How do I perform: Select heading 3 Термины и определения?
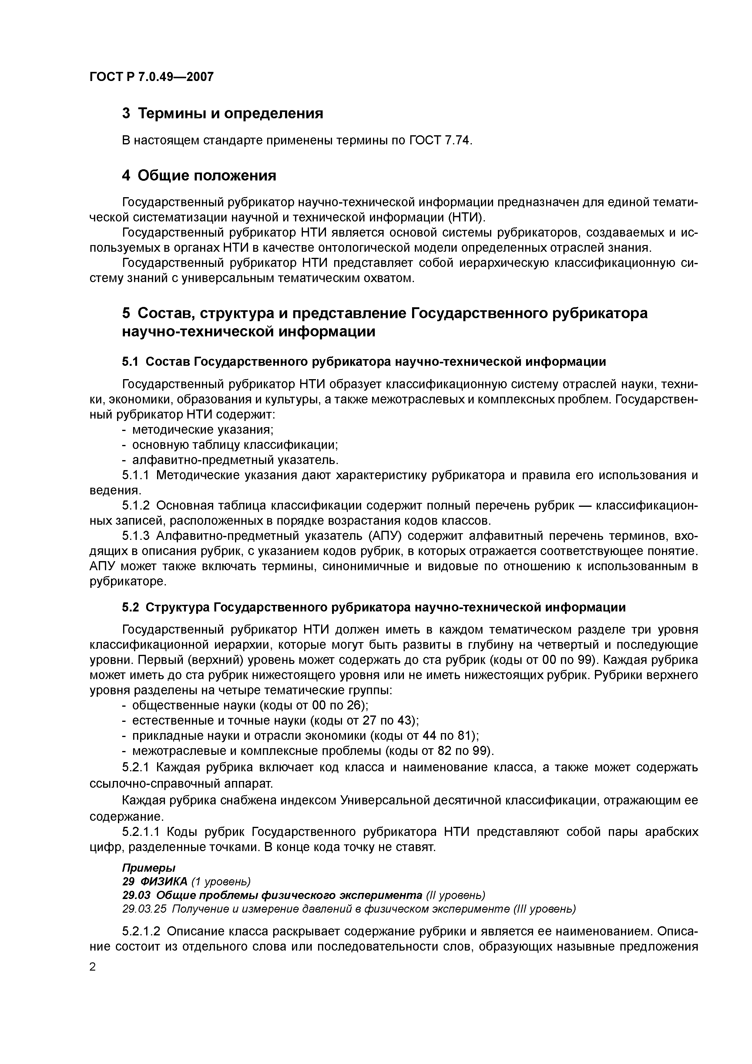pos(222,113)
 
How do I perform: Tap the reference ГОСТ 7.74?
pos(441,140)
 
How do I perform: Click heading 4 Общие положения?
pos(199,176)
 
